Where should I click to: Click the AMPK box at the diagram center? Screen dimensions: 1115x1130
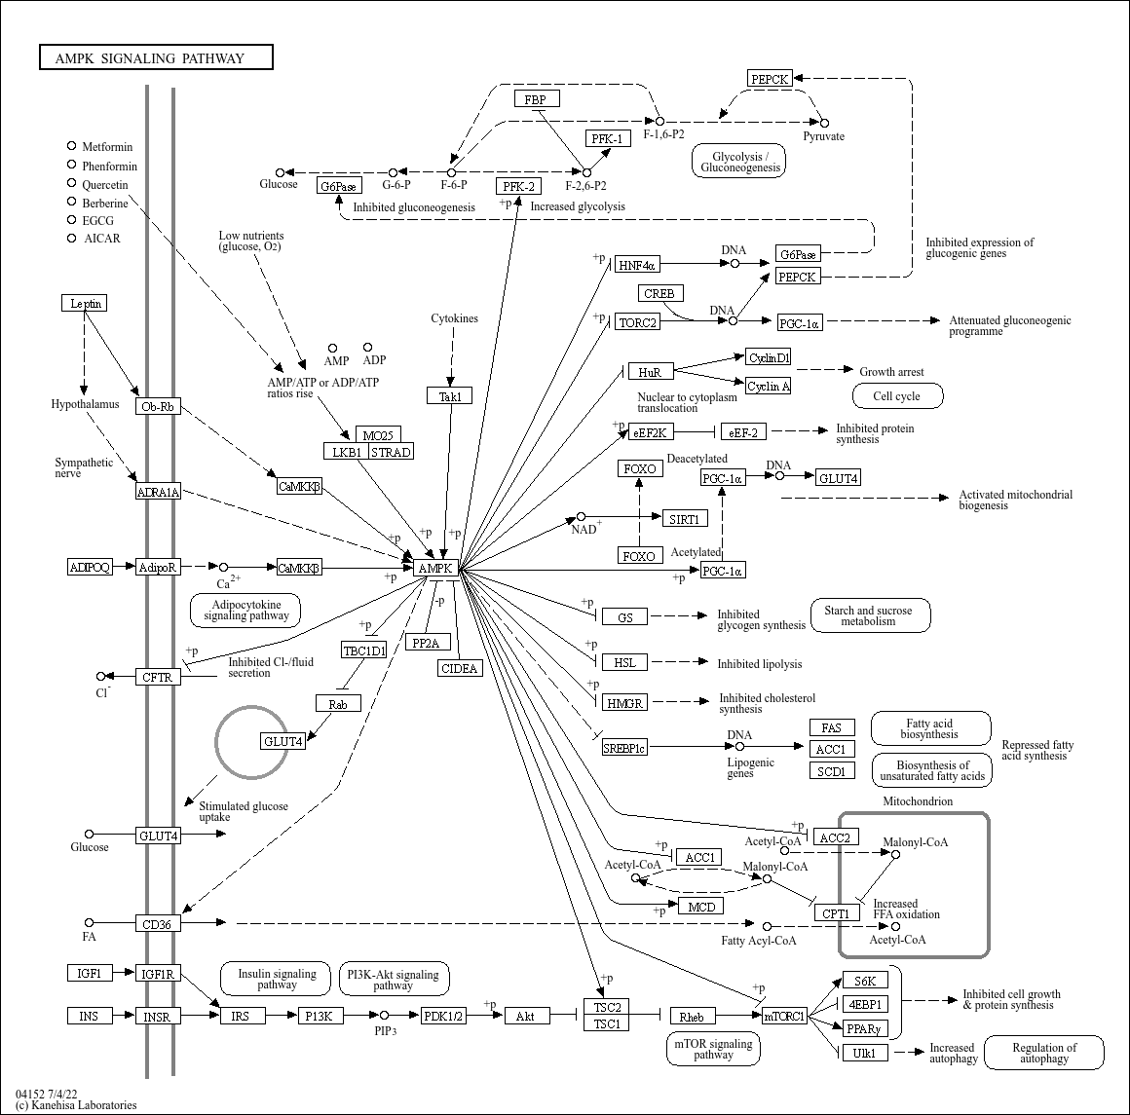[435, 568]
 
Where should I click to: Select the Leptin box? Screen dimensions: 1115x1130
[84, 303]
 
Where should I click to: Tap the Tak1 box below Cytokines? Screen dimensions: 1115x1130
[449, 395]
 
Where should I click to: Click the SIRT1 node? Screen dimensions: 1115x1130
[683, 519]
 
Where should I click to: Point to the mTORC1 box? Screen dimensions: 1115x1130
[784, 1016]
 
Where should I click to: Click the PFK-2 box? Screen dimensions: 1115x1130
[518, 186]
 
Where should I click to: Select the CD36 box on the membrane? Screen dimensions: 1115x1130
[157, 923]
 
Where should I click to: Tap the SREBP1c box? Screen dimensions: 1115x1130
[623, 748]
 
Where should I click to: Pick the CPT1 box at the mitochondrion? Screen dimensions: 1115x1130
[836, 913]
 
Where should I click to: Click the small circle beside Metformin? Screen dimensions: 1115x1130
[71, 146]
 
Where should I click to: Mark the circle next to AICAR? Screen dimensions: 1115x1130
[71, 238]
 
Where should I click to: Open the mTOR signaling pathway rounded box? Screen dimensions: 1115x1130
[713, 1049]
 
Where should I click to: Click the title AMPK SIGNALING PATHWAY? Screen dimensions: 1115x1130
[156, 58]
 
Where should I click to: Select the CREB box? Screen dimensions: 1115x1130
[659, 293]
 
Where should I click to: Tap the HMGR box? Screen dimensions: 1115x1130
[625, 703]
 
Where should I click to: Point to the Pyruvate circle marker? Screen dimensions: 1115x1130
[824, 123]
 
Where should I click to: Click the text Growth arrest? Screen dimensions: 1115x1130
[890, 371]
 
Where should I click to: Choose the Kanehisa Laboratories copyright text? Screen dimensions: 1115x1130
[76, 1105]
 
